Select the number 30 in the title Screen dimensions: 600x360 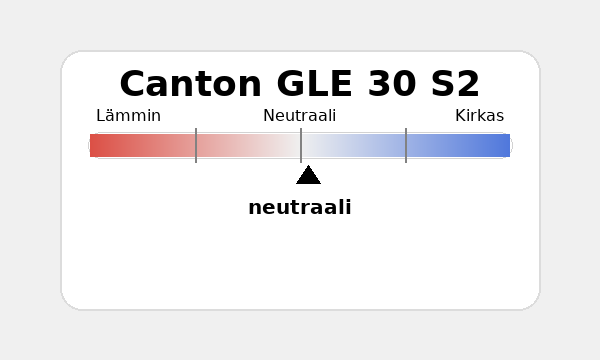point(392,84)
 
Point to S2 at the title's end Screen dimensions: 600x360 point(456,84)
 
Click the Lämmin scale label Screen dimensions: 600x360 point(128,116)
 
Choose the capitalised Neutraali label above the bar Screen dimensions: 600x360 point(300,116)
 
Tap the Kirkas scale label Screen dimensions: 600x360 point(479,116)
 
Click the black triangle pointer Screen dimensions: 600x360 point(308,176)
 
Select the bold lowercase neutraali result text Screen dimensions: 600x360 point(300,208)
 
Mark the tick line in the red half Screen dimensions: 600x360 point(196,146)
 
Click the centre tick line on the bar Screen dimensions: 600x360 point(301,146)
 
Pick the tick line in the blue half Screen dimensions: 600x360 point(406,146)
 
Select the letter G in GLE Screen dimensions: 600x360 point(291,84)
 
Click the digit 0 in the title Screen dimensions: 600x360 point(405,84)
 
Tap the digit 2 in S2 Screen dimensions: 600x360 point(469,84)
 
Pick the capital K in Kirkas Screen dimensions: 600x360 point(460,116)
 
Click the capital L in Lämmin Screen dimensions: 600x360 point(100,116)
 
